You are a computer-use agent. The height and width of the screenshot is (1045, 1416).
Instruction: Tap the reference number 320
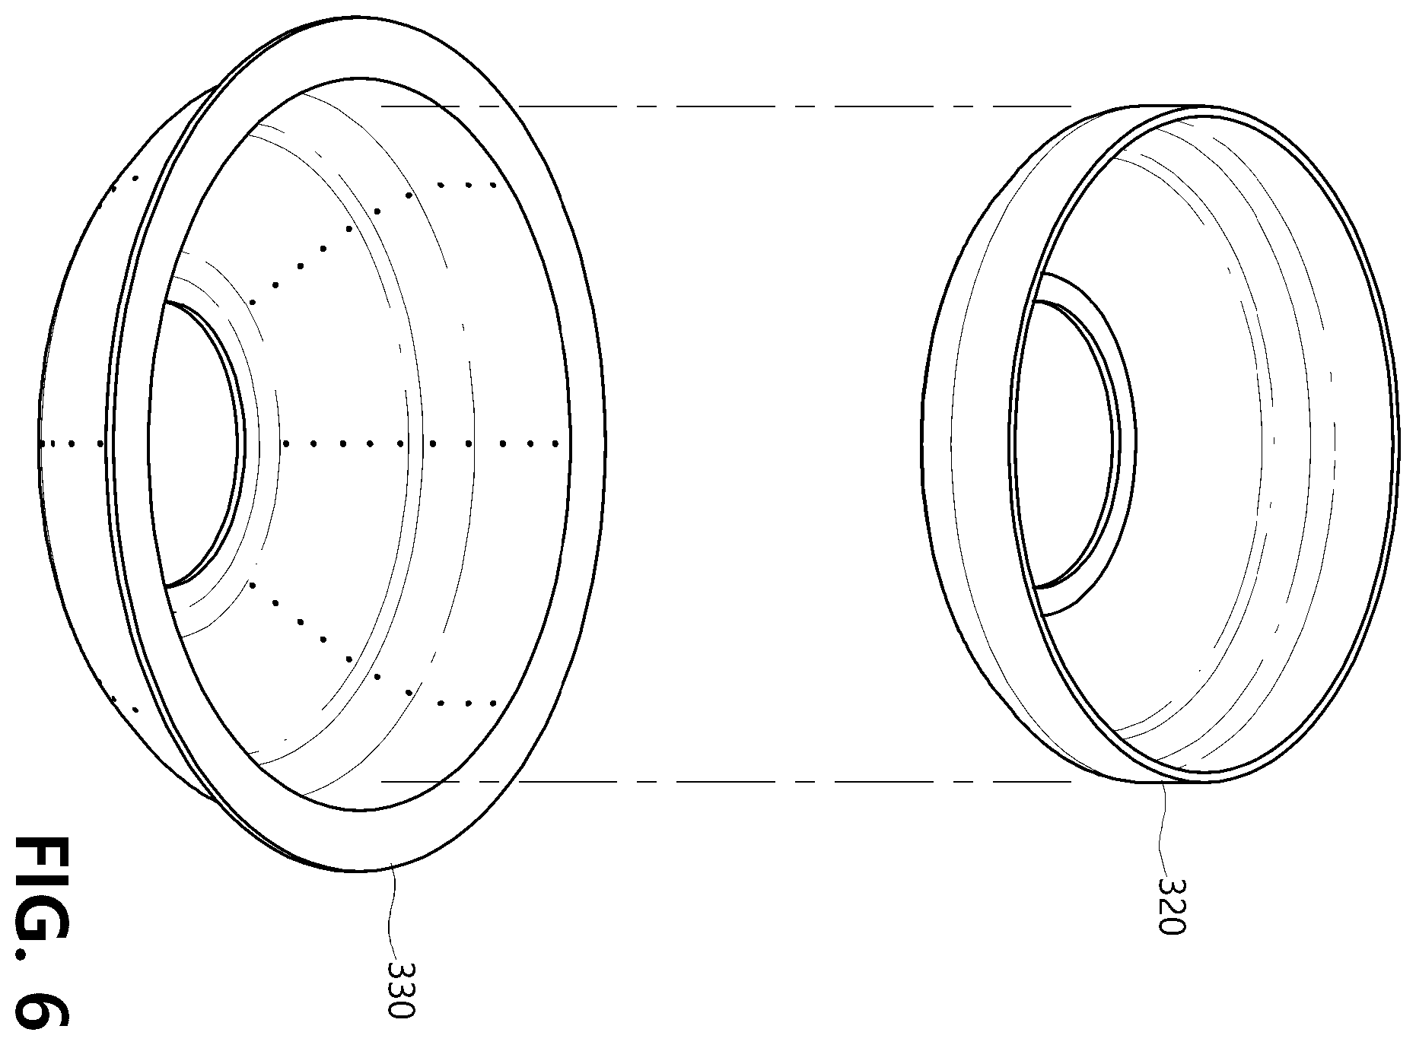coord(1172,905)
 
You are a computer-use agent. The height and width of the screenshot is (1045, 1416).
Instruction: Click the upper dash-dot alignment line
coord(727,106)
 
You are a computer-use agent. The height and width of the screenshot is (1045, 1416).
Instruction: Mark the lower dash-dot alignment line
coord(727,781)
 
